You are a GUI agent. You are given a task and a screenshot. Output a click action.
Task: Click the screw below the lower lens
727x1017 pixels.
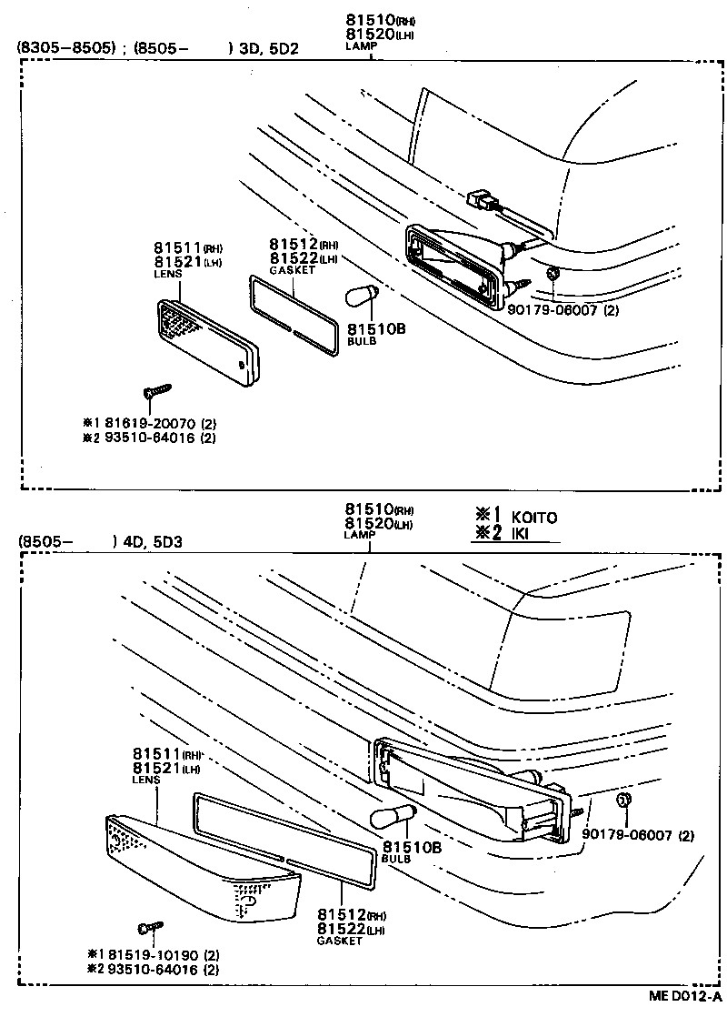(148, 928)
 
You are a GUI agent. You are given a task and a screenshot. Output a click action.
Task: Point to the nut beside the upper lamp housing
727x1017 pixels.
(553, 274)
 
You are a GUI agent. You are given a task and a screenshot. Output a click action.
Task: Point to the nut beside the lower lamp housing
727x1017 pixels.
(624, 800)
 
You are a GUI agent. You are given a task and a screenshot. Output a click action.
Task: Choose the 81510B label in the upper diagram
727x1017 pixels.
(372, 329)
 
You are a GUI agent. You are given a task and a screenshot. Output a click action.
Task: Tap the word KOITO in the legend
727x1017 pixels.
(534, 517)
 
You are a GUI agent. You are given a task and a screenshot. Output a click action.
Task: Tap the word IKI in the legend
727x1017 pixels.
(522, 533)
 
